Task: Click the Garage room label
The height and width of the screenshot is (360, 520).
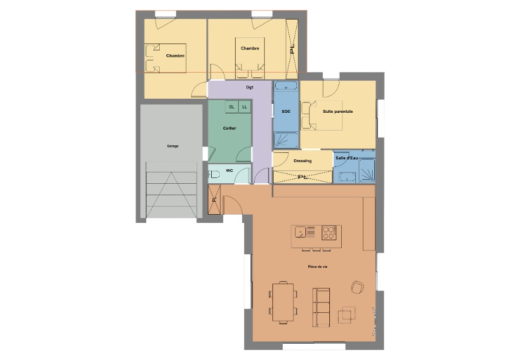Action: pos(173,146)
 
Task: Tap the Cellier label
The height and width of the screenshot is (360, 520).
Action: pos(230,128)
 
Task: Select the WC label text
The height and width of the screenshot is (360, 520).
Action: pos(230,171)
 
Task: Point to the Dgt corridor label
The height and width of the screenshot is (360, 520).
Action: pos(250,87)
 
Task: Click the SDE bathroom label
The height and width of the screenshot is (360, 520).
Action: pos(286,111)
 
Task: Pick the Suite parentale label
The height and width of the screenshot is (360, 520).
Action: pos(338,112)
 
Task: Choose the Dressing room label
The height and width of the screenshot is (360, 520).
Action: pos(302,161)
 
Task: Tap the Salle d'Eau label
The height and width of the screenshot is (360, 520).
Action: pos(347,158)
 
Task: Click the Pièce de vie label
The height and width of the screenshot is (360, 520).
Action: pos(318,267)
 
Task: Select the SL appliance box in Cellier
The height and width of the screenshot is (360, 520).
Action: pos(232,107)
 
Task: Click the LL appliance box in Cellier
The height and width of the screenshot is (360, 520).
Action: pos(245,107)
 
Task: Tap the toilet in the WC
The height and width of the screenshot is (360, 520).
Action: pos(214,175)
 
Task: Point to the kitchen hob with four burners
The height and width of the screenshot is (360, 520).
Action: pos(328,233)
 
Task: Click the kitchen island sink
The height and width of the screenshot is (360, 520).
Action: pos(300,233)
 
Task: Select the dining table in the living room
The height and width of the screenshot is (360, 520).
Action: pos(283,303)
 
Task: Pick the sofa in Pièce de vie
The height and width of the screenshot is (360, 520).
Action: pos(322,307)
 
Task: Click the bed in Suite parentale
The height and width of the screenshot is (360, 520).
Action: pos(323,115)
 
